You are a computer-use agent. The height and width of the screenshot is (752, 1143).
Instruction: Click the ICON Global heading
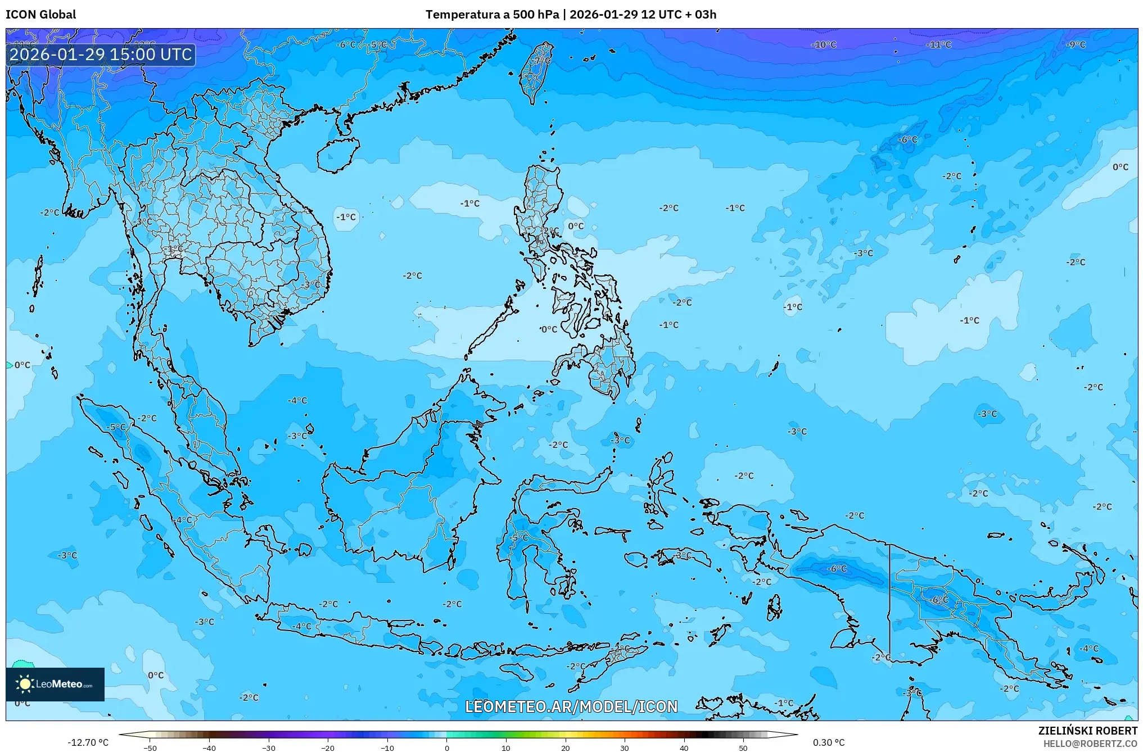[x=40, y=15]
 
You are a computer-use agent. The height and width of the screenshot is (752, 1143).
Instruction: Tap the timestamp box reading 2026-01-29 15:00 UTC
[x=101, y=55]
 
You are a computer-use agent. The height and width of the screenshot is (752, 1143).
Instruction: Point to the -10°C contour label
[x=824, y=45]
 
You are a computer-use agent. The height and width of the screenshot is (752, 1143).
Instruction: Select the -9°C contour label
[x=1076, y=45]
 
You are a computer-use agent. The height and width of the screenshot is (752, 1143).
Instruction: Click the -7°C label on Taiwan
[x=542, y=61]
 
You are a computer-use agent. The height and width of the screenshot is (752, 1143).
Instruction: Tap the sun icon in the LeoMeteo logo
[x=25, y=683]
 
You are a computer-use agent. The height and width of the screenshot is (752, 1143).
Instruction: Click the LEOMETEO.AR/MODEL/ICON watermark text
[x=571, y=706]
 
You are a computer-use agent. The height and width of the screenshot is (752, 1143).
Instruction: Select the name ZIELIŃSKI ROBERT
[x=1087, y=731]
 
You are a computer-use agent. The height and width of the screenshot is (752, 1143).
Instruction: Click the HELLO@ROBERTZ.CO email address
[x=1090, y=744]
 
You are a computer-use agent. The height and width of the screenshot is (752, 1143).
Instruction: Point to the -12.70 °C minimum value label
[x=88, y=742]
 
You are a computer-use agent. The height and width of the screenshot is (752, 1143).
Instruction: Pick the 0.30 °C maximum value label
[x=829, y=742]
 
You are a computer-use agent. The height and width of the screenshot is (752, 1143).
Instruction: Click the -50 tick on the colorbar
[x=150, y=748]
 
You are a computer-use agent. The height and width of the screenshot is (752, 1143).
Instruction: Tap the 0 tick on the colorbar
[x=447, y=748]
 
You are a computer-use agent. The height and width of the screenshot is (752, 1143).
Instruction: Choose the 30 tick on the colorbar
[x=625, y=748]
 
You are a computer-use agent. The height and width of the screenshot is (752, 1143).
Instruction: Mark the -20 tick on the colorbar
[x=328, y=748]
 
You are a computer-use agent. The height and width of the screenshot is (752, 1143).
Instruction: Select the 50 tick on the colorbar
[x=743, y=748]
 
